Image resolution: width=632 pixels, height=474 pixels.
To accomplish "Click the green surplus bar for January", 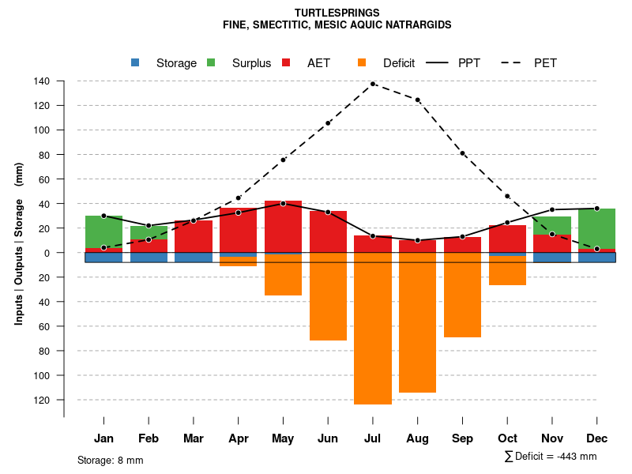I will click(103, 231).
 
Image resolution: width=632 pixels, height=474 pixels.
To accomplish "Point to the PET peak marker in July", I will click(373, 84).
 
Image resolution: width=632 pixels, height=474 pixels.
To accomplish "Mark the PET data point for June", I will click(328, 123).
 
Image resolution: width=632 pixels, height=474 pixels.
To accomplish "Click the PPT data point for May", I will click(283, 204).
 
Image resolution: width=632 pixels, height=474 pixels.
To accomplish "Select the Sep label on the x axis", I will click(463, 438).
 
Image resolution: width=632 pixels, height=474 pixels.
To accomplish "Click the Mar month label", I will click(194, 438).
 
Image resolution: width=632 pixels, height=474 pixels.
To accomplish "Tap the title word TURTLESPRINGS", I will click(337, 13).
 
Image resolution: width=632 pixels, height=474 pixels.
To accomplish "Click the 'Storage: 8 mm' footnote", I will click(111, 460).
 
